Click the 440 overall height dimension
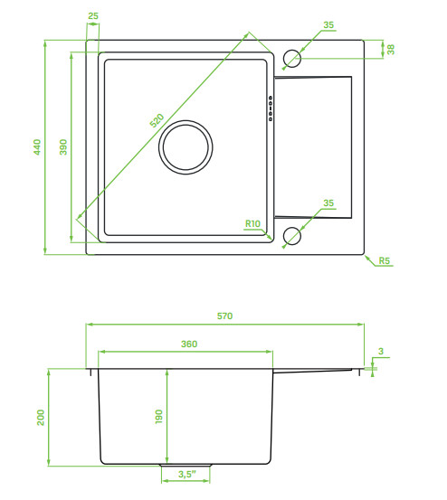pos(37,147)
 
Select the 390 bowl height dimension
pos(63,147)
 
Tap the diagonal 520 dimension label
pos(157,120)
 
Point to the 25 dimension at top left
pos(93,15)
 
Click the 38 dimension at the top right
pos(391,50)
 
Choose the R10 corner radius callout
pos(252,224)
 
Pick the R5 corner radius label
pos(385,260)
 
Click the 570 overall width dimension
pos(225,316)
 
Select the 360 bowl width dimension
pos(189,344)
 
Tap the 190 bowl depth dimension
pos(159,417)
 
